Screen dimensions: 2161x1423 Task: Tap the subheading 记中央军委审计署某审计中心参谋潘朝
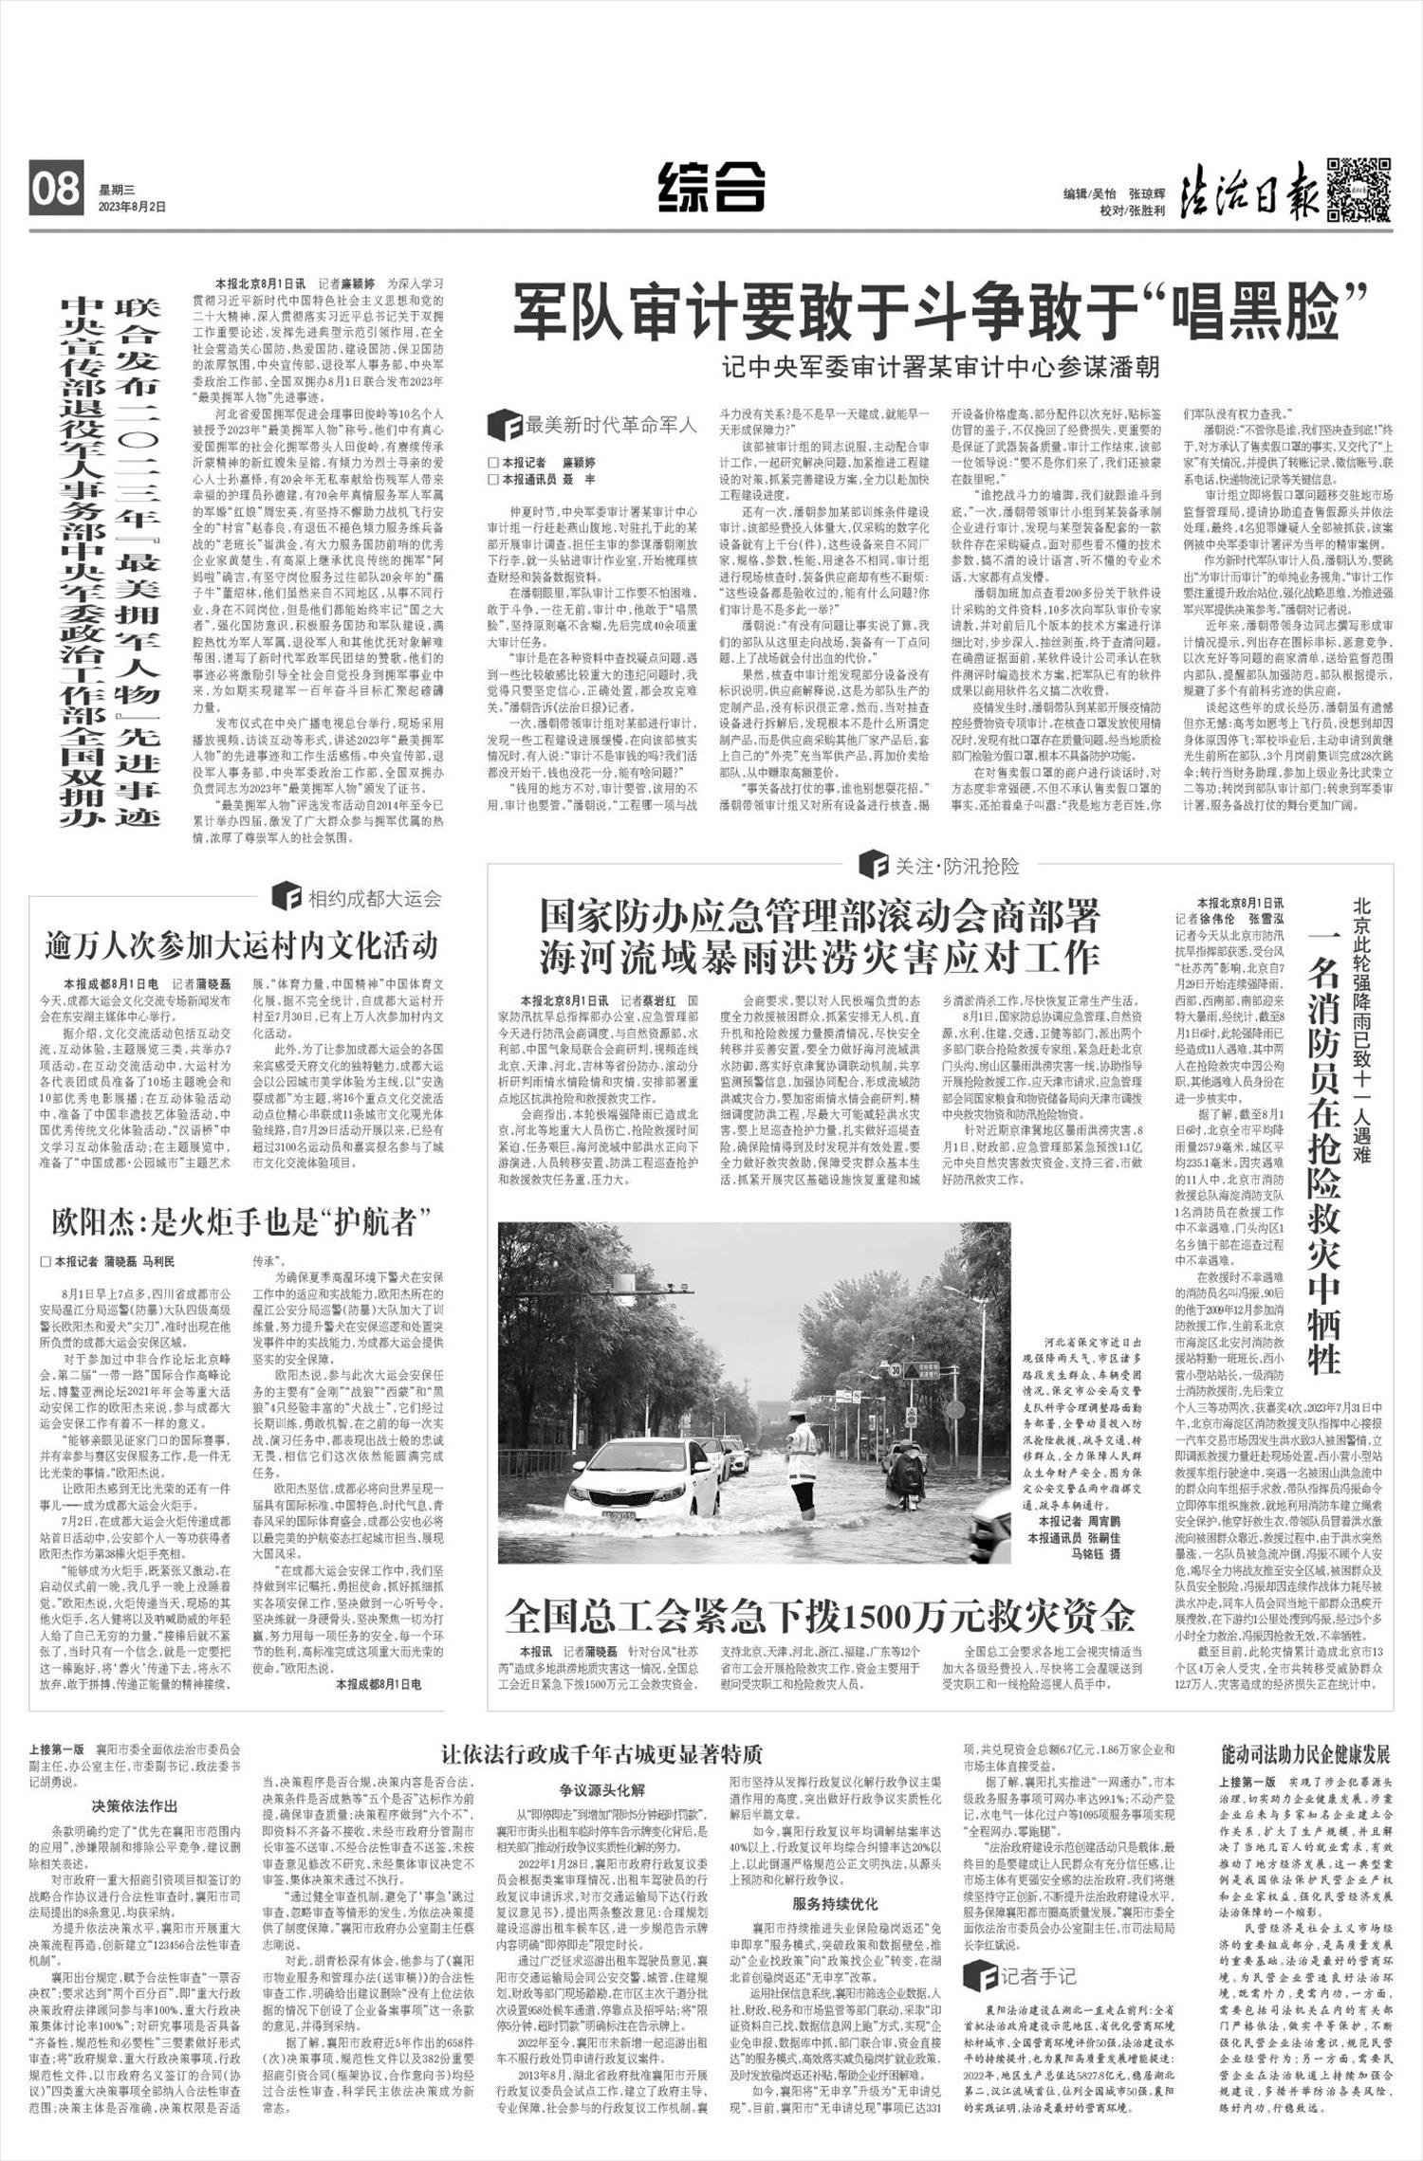(939, 366)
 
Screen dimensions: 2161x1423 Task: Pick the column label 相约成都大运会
(359, 897)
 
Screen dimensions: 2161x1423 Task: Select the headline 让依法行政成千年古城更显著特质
(601, 1753)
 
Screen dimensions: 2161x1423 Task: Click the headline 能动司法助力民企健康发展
(1304, 1753)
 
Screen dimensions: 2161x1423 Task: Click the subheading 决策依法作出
(135, 1805)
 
